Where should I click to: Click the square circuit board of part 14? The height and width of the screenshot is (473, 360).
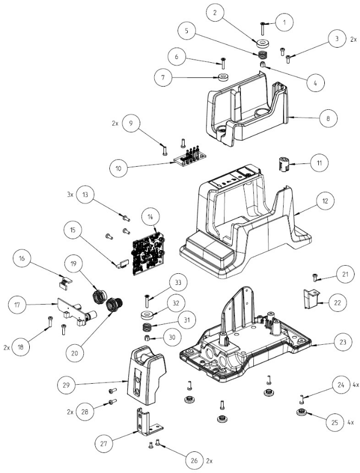pos(149,248)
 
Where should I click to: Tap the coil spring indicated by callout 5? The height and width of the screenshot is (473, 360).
pos(263,55)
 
